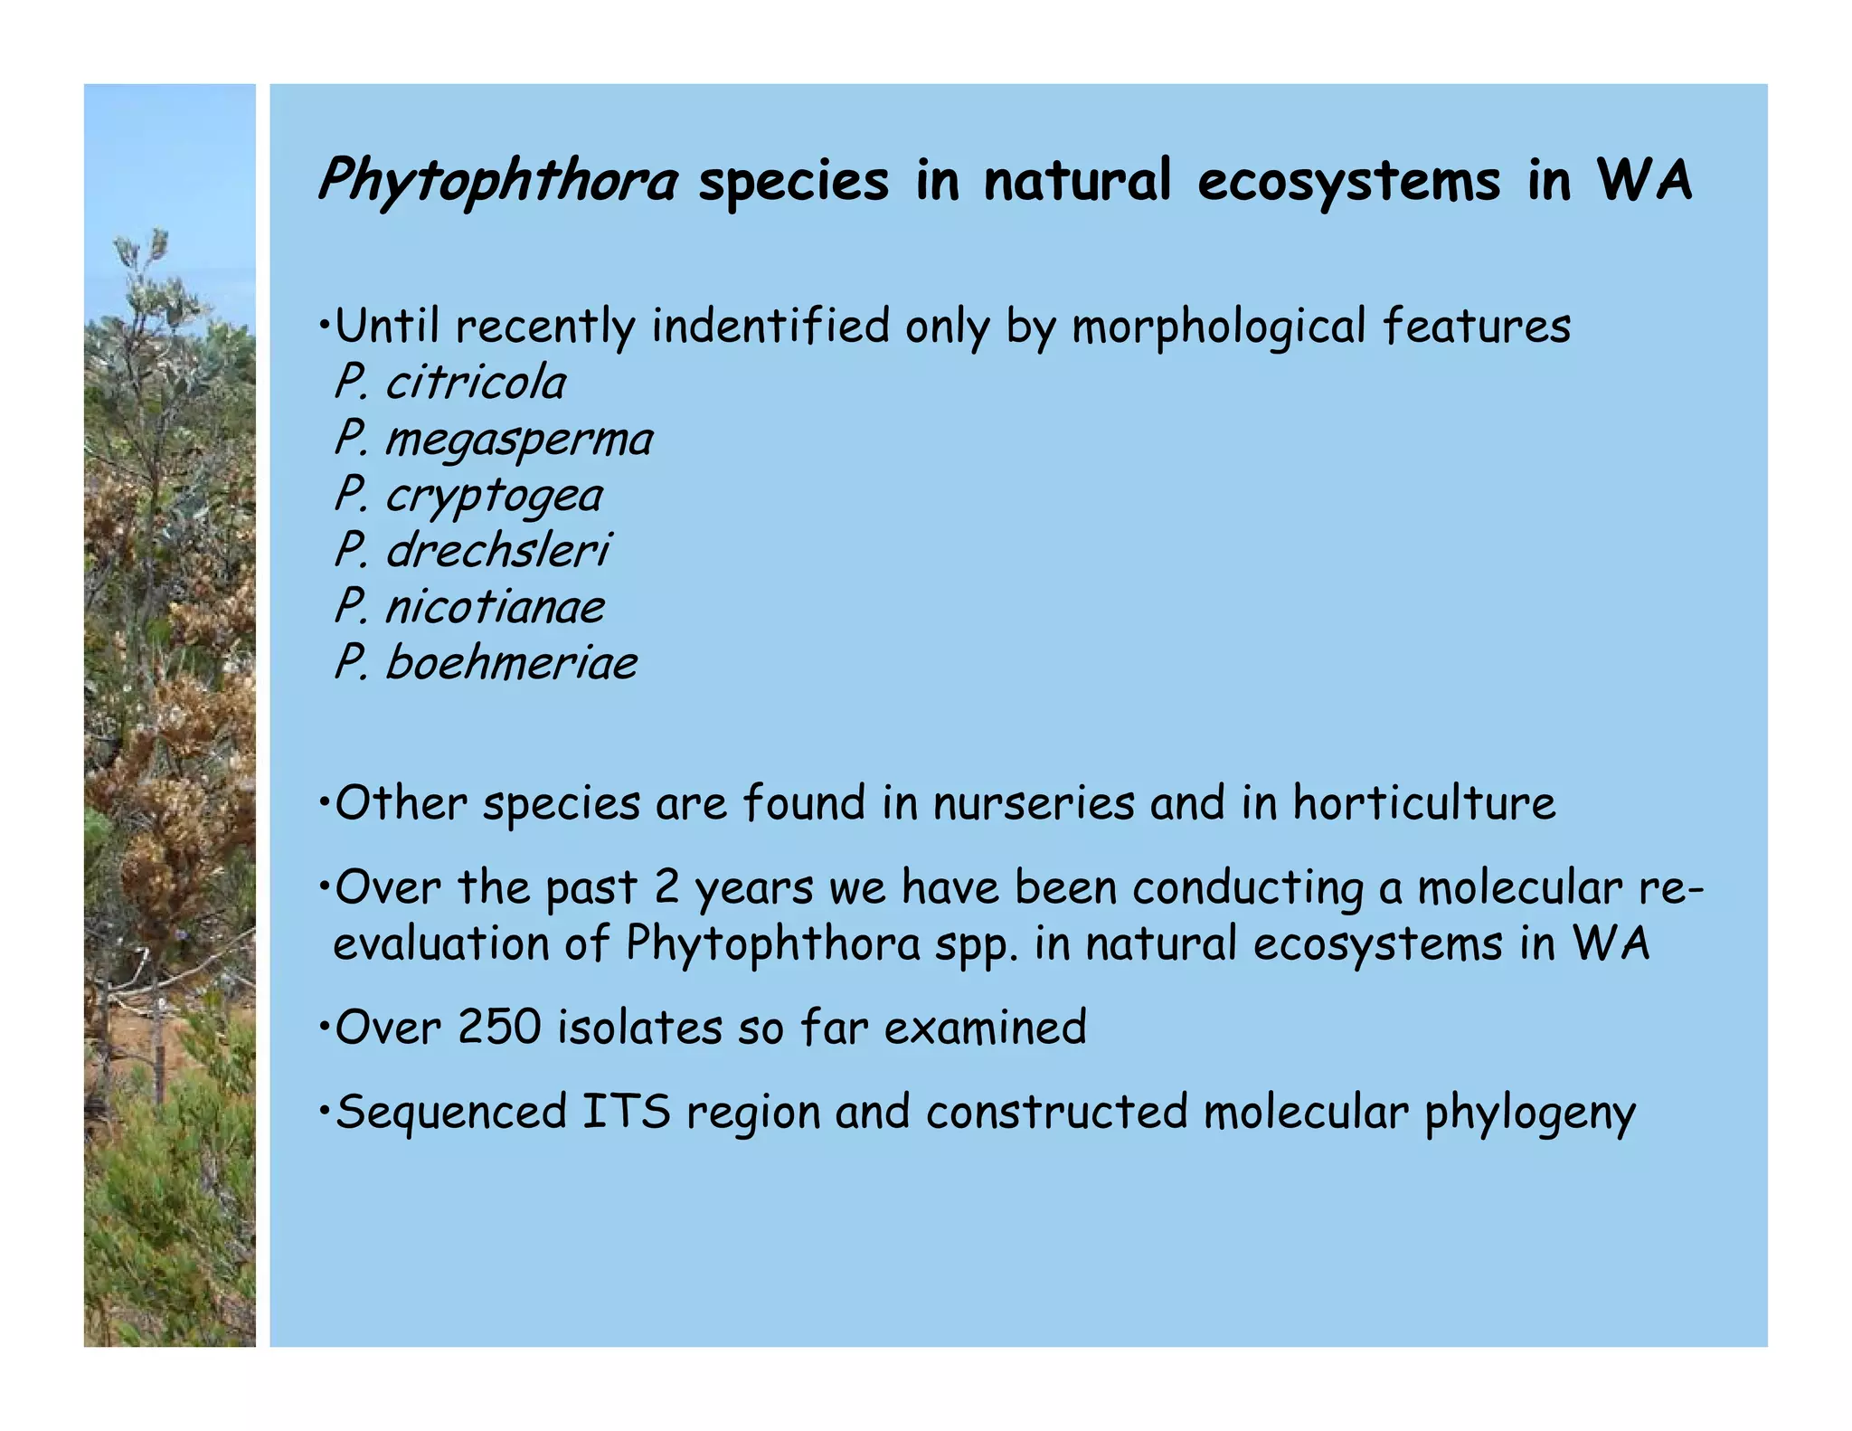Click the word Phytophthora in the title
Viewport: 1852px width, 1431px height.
point(497,181)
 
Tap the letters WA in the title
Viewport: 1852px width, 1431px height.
point(1644,179)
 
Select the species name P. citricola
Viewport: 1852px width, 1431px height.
point(449,383)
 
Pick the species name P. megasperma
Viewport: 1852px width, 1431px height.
point(493,440)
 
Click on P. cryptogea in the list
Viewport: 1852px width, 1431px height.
point(468,496)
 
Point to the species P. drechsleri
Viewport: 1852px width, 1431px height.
point(472,550)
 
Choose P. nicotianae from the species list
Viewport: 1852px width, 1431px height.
point(468,606)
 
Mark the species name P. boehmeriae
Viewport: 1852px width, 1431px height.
point(486,663)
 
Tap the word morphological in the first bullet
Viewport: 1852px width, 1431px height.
point(1218,327)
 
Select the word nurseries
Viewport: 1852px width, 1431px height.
point(1034,803)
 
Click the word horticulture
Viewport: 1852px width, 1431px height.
point(1424,803)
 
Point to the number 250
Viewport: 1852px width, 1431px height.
point(499,1028)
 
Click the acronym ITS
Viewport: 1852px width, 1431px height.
point(627,1112)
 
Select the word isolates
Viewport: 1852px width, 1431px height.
point(639,1028)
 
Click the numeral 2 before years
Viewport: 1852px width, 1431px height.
point(666,887)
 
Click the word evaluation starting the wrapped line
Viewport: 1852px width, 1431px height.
point(441,943)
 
